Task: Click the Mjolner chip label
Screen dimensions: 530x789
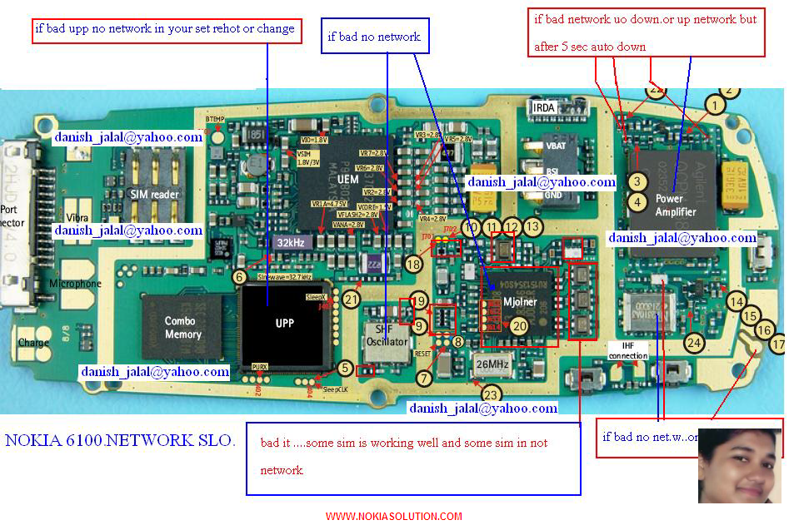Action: click(519, 301)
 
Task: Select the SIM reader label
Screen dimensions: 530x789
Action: click(155, 194)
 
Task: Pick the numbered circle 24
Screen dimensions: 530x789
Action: click(693, 341)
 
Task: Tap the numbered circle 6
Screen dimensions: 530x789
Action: click(239, 278)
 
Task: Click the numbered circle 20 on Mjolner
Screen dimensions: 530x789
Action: click(520, 327)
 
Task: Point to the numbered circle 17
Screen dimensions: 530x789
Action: click(777, 343)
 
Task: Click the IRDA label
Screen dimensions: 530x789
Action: click(543, 108)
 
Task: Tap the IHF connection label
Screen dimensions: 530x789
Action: click(627, 350)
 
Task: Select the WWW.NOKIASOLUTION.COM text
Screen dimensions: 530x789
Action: click(393, 517)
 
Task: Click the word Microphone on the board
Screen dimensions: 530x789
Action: click(75, 285)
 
